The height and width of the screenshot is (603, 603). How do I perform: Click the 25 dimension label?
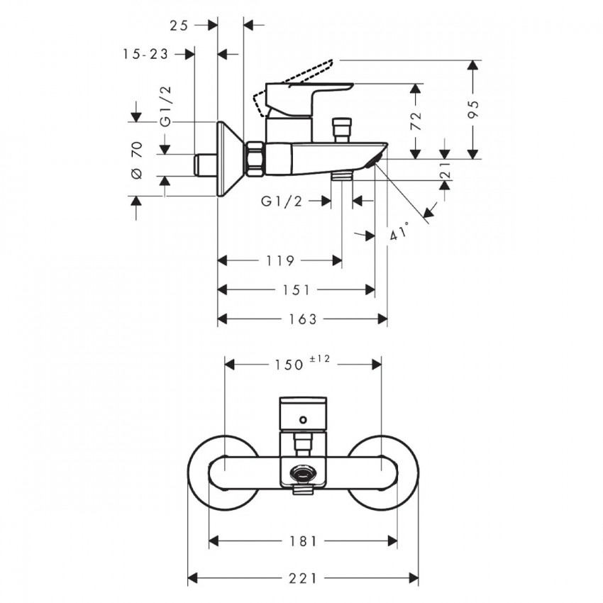tap(179, 26)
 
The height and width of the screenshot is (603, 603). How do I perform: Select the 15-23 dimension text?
tap(145, 54)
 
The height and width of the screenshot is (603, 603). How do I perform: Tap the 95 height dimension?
tap(474, 109)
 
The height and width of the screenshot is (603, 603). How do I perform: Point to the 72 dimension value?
tap(416, 121)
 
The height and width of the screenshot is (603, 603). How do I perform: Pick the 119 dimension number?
tap(280, 261)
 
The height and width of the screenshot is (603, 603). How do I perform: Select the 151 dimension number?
tap(297, 290)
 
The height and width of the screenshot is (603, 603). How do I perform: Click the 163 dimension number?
tap(303, 319)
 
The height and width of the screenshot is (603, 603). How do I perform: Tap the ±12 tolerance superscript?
tap(320, 359)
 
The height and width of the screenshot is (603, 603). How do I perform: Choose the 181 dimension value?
tap(304, 541)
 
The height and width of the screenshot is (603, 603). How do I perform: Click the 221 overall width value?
tap(303, 578)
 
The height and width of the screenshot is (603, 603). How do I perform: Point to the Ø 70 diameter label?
tap(137, 160)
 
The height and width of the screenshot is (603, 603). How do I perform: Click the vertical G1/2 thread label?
tap(166, 106)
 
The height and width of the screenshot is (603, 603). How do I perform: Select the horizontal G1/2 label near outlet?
tap(282, 201)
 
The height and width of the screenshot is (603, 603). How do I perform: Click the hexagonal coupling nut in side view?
tap(255, 159)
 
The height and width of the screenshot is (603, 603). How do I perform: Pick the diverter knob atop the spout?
tap(342, 130)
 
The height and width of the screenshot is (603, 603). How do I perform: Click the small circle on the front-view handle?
tap(304, 420)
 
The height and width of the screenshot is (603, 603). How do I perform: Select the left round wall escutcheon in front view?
tap(223, 473)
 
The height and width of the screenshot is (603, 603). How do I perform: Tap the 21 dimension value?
tap(445, 170)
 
